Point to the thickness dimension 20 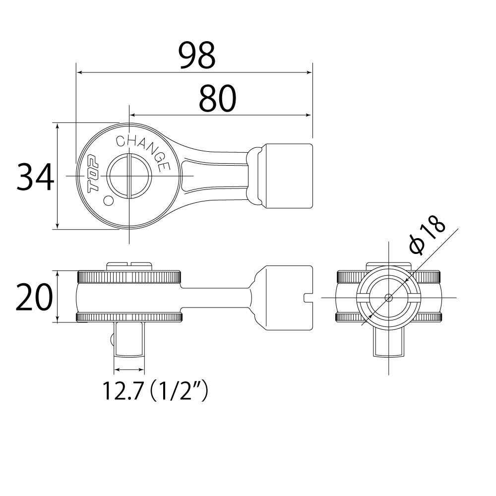point(34,297)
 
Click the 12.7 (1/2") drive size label point(155,391)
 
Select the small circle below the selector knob point(109,200)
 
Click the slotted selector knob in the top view point(129,176)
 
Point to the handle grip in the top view point(288,176)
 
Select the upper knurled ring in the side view point(129,277)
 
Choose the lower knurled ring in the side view point(129,317)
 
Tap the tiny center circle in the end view point(388,298)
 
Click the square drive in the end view point(388,342)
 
